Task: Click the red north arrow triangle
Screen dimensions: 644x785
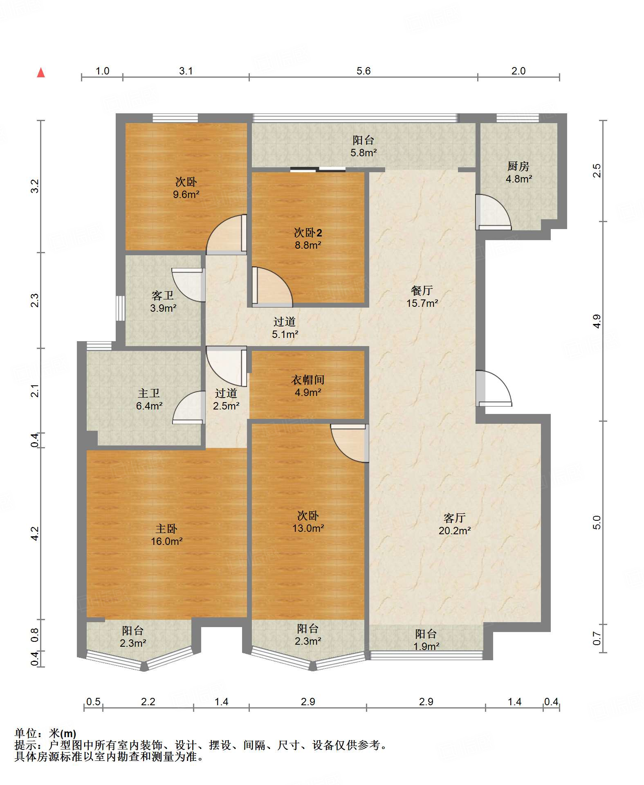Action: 41,72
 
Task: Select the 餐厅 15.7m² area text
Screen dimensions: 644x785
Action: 422,297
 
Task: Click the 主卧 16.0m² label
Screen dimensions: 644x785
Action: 166,535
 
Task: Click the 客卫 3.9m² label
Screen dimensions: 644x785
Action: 163,301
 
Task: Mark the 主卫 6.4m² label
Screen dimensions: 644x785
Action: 149,399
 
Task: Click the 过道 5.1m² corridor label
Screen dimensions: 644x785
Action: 285,328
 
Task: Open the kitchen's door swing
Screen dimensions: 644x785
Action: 493,212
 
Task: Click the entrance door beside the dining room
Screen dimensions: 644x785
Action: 494,388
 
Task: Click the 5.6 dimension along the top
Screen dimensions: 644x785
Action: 363,71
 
